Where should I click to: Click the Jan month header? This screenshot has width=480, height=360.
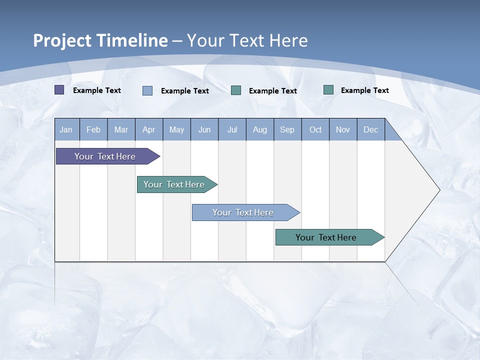[66, 130]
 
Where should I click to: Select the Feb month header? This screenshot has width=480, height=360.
[93, 130]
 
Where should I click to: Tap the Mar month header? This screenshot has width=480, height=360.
[121, 130]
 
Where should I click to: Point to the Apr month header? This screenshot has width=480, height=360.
[148, 130]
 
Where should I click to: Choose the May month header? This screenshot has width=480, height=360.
[176, 130]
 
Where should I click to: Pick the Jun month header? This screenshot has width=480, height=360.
[204, 130]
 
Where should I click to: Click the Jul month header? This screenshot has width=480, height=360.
[232, 130]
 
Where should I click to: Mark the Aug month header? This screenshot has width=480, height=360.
[260, 130]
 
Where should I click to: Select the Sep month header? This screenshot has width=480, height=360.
[287, 130]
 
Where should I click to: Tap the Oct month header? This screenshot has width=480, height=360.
[315, 130]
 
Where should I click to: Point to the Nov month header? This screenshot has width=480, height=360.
[343, 130]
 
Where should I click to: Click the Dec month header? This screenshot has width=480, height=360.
[371, 130]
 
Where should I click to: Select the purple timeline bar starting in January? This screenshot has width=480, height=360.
[105, 156]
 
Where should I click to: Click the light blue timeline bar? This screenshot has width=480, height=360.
[243, 212]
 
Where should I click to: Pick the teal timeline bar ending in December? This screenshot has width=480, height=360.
[326, 237]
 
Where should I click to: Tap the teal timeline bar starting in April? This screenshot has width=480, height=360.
[174, 184]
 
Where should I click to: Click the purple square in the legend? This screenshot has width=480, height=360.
[59, 90]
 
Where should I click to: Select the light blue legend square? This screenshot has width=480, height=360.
[147, 90]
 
